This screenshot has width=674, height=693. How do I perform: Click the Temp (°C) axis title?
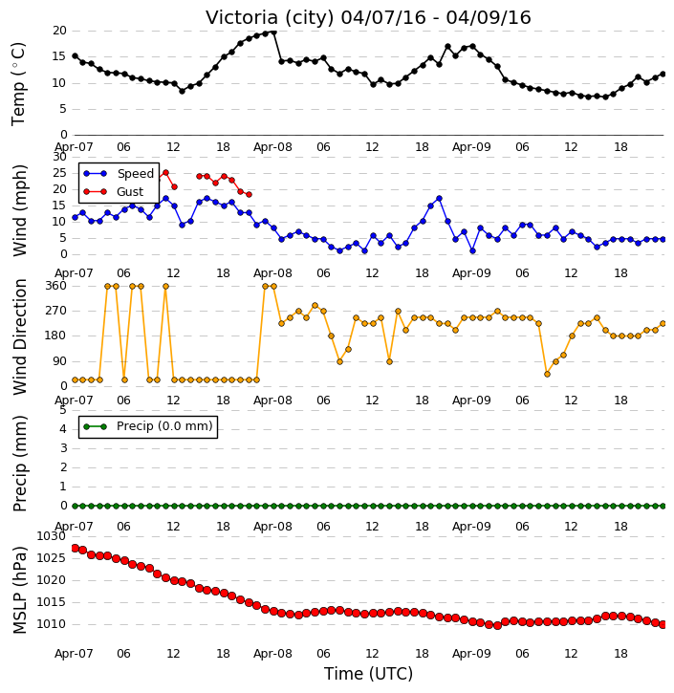tap(18, 84)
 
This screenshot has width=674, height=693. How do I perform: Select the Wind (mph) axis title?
tap(19, 210)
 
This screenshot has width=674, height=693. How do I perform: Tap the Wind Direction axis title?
tap(19, 336)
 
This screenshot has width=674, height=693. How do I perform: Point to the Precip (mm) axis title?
tap(19, 464)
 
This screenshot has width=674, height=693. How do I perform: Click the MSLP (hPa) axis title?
tap(19, 590)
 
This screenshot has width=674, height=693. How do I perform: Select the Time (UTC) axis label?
tap(368, 674)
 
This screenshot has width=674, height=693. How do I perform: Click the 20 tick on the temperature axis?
tap(59, 31)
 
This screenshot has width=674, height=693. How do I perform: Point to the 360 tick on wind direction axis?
tap(56, 286)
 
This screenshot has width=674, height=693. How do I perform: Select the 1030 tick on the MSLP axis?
tap(51, 536)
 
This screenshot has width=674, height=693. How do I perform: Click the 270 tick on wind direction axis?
tap(56, 311)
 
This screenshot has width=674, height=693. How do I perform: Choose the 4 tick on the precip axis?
tap(63, 429)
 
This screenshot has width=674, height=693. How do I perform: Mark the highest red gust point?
tap(165, 173)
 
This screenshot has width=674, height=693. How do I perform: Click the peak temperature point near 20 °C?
tap(273, 32)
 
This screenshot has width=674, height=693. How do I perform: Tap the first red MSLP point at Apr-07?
tap(75, 548)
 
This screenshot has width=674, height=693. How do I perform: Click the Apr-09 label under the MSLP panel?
tap(471, 653)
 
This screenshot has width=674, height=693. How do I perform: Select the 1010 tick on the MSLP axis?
tap(51, 624)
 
